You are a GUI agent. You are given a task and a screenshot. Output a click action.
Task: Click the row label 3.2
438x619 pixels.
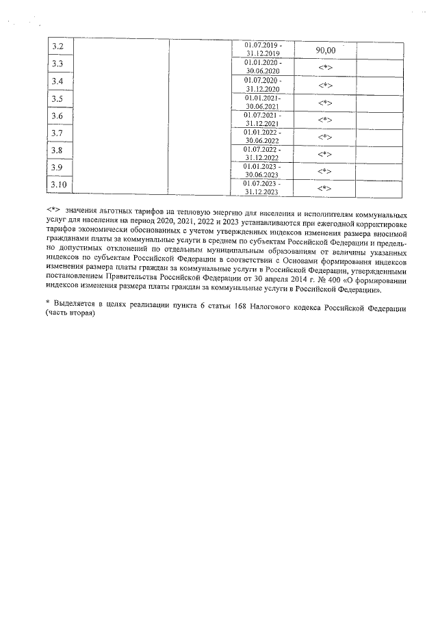(58, 47)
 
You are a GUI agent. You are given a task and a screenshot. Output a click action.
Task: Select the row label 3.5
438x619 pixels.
(58, 99)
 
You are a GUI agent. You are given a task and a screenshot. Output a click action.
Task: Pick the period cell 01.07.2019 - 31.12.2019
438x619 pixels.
(263, 49)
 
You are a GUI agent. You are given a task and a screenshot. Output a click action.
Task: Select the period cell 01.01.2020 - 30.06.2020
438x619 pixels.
(263, 66)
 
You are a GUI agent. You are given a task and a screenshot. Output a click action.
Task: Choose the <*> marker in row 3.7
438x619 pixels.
(326, 137)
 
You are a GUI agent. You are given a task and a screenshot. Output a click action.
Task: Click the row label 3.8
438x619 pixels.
(58, 150)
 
